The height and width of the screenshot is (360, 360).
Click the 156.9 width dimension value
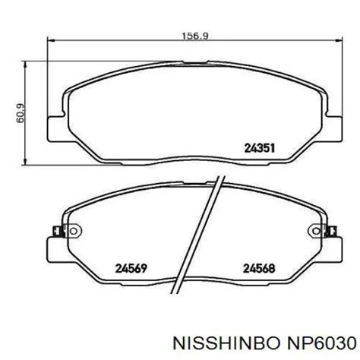(195, 36)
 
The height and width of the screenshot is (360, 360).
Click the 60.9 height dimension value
(21, 113)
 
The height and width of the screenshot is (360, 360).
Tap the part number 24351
(260, 148)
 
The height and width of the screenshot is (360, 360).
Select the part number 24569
(131, 269)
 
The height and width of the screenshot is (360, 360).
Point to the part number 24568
(259, 269)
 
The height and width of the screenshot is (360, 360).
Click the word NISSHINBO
(226, 344)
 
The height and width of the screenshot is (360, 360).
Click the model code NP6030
(321, 344)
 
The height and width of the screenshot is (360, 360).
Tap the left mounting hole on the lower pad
(74, 231)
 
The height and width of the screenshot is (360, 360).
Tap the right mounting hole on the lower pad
(316, 231)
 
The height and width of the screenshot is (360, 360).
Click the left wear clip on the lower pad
(56, 231)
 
